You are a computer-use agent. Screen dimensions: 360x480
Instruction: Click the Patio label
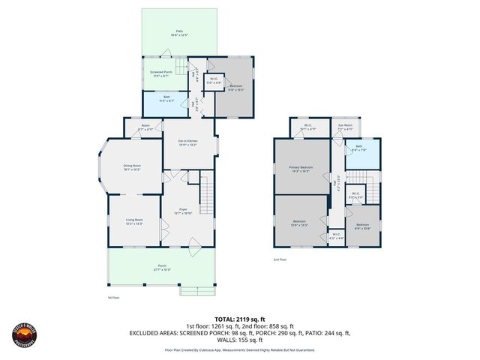click(179, 32)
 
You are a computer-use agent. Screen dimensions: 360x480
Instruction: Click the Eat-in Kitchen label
click(187, 142)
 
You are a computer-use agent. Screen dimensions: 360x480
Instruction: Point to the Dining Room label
click(132, 169)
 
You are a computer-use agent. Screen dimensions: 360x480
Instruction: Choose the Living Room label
click(134, 220)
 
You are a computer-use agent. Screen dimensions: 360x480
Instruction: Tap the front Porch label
click(163, 268)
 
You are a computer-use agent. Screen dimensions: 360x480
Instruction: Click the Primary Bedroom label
click(301, 170)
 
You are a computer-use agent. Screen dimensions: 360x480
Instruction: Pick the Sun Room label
click(345, 128)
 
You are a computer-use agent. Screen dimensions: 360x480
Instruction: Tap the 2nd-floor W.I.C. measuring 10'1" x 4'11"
click(308, 127)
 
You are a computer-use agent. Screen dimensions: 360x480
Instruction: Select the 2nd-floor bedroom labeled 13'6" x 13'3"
click(300, 222)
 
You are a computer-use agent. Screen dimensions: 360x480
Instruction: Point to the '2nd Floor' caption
click(279, 259)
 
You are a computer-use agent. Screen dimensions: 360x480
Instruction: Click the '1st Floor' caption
click(113, 298)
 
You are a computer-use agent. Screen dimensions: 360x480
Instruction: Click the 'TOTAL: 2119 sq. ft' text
click(239, 318)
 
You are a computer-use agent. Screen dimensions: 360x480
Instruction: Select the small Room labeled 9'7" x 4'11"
click(145, 128)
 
